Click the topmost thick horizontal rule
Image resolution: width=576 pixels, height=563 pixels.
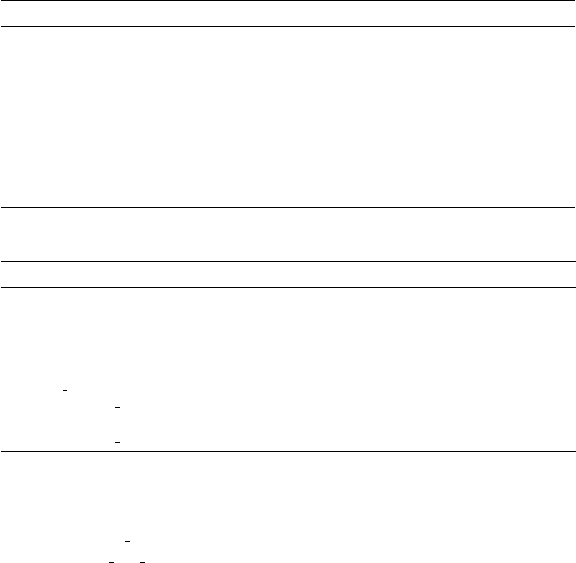tap(288, 1)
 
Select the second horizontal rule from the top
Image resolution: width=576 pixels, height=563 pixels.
tap(288, 27)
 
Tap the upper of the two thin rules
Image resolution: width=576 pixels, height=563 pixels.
tap(288, 208)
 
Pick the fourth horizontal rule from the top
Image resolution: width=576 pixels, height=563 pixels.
tap(288, 261)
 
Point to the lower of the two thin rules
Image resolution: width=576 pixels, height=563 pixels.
tap(288, 288)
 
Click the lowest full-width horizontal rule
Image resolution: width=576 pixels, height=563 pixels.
tap(288, 451)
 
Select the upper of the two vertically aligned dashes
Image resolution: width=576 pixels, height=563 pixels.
tap(117, 407)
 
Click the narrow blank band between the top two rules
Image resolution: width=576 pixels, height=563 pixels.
tap(288, 14)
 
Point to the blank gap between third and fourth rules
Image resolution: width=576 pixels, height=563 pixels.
tap(288, 235)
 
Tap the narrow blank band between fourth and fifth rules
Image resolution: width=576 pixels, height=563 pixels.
tap(288, 274)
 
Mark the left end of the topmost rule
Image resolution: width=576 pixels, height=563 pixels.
tap(2, 1)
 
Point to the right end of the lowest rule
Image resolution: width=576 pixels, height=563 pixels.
tap(574, 451)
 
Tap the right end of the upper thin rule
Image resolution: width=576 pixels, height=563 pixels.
tap(574, 208)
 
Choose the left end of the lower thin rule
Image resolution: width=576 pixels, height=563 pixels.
tap(2, 288)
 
